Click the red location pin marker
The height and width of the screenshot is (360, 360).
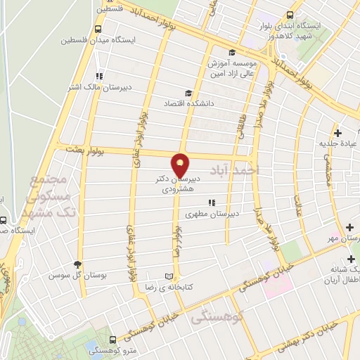181,165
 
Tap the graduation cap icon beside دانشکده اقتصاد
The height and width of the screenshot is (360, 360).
188,94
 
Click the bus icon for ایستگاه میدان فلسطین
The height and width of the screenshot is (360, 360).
97,30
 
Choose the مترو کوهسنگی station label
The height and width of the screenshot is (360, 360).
112,349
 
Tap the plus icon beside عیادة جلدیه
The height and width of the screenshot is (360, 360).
337,133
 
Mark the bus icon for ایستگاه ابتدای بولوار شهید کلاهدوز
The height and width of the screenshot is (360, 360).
290,15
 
